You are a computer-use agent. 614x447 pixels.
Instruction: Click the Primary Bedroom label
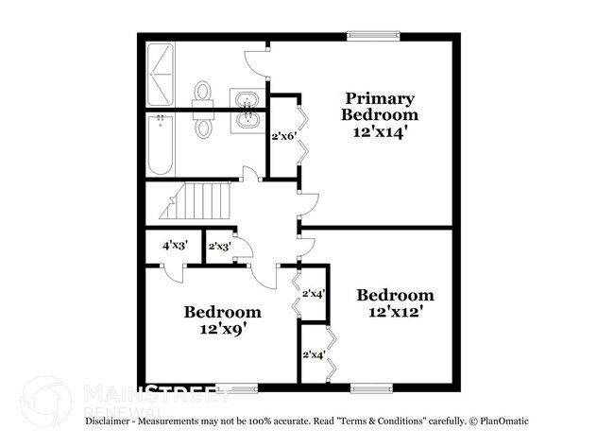coord(379,106)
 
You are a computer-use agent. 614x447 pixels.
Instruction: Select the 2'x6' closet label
coord(284,136)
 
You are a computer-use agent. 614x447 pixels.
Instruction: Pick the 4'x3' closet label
coord(175,246)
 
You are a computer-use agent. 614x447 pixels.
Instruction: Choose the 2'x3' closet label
coord(219,247)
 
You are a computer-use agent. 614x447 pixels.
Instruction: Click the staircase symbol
coord(198,203)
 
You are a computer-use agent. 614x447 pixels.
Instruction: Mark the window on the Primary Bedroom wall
coord(373,37)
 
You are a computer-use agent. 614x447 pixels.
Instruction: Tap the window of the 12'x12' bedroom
coord(371,387)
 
